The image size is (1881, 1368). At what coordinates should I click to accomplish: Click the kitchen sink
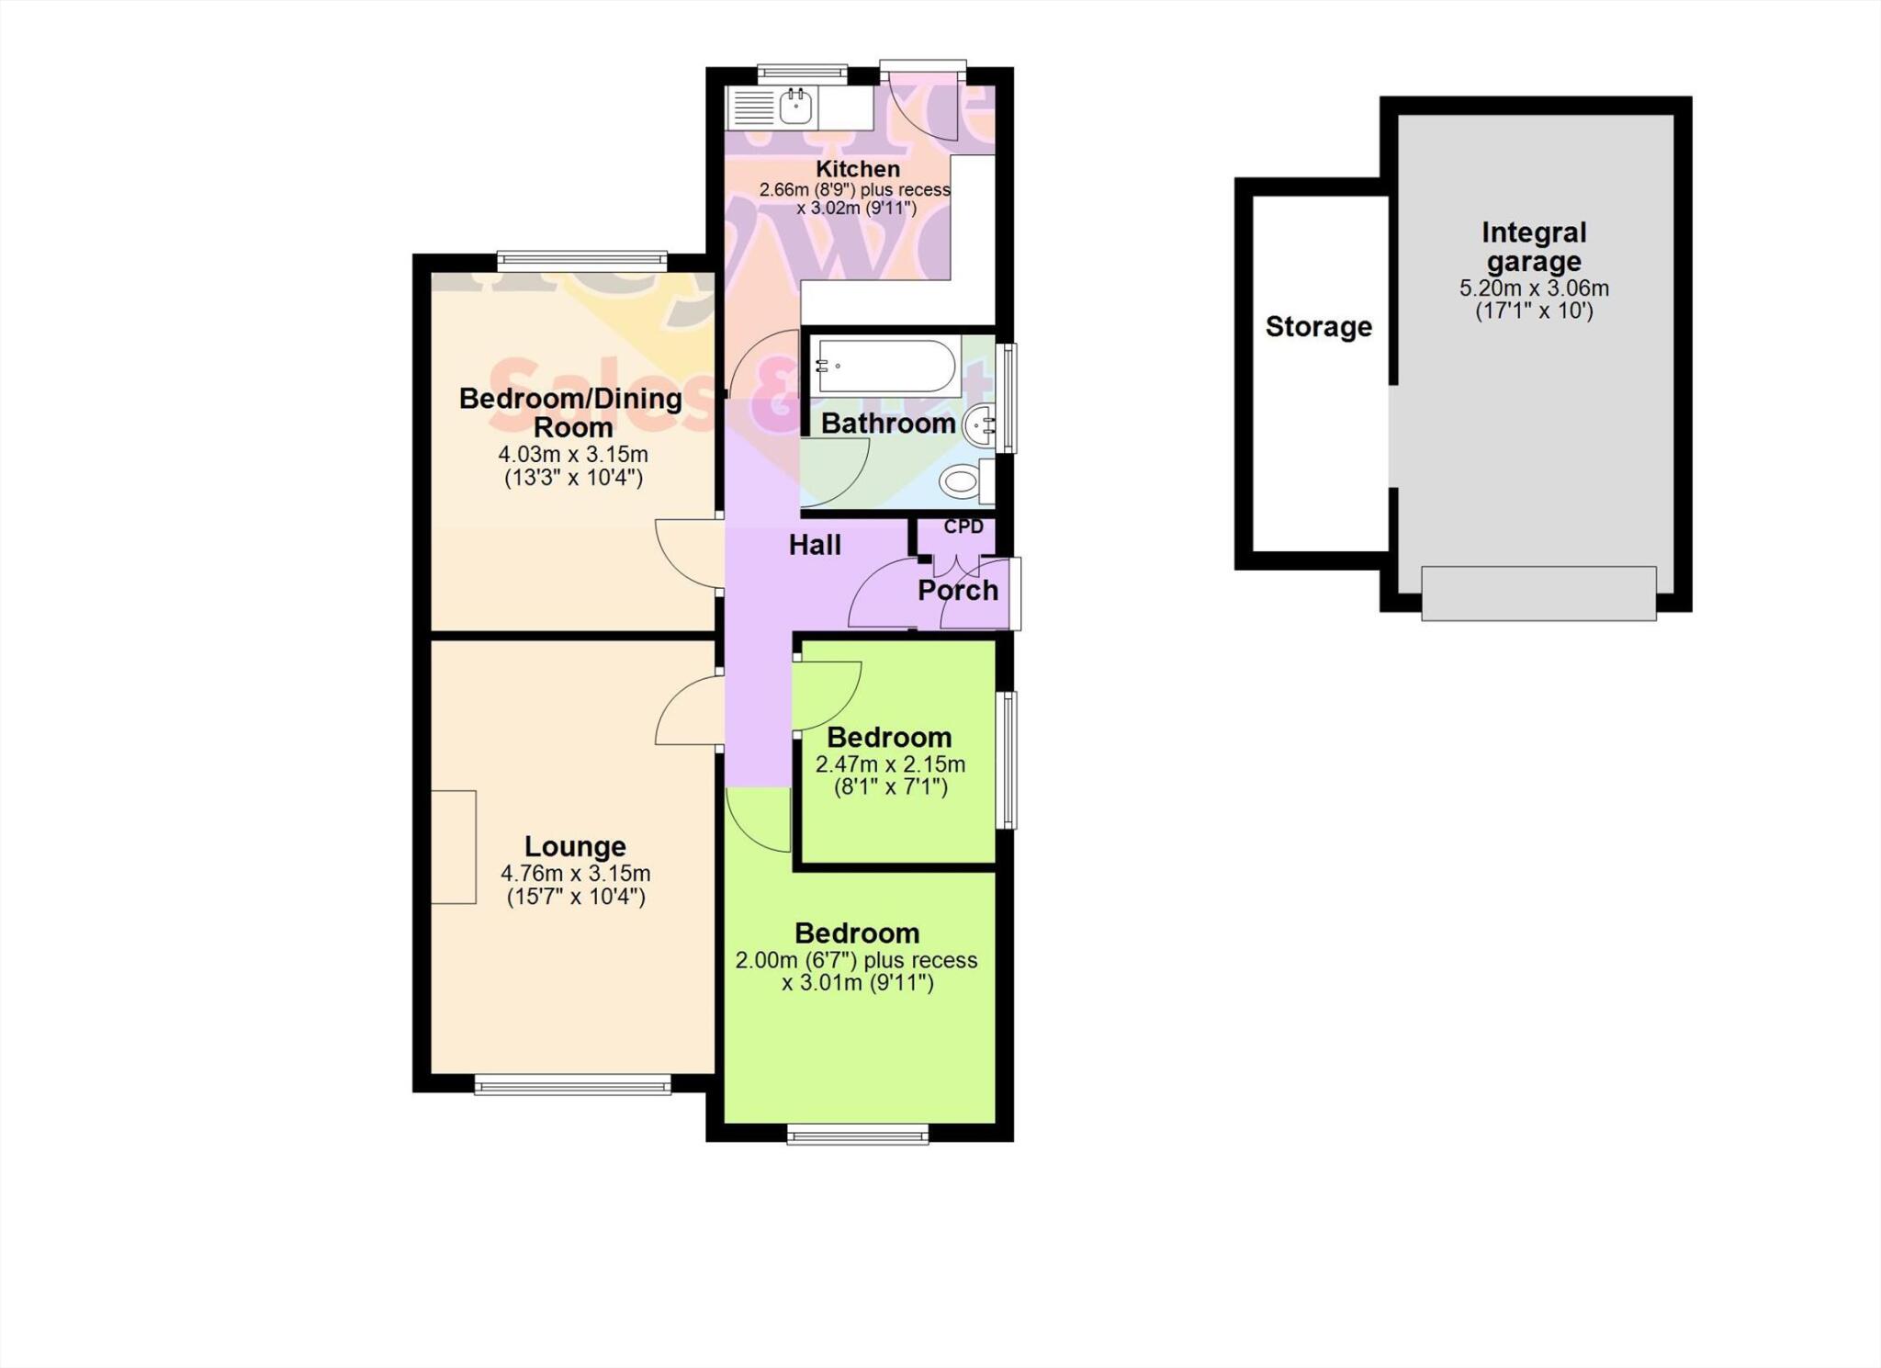click(795, 108)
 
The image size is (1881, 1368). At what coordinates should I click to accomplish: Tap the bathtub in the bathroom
click(885, 366)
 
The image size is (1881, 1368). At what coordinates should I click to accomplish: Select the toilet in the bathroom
click(961, 480)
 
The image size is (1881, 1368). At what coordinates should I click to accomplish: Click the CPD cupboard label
click(963, 527)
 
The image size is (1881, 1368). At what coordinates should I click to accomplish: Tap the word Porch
click(957, 591)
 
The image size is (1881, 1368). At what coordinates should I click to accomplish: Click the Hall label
click(815, 546)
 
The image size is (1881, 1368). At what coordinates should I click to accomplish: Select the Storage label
click(1318, 327)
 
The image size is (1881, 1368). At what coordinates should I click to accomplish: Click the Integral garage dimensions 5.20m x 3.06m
click(1534, 288)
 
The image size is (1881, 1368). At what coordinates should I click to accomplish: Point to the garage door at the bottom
click(1538, 594)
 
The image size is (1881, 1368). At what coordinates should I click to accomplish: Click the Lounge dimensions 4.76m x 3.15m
click(575, 874)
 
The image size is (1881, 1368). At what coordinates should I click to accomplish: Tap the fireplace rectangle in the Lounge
click(454, 847)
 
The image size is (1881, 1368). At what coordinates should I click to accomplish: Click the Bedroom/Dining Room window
click(582, 261)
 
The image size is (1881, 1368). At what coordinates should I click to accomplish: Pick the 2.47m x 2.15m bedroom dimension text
click(890, 764)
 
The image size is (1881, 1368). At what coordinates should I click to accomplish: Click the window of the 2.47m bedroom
click(1008, 761)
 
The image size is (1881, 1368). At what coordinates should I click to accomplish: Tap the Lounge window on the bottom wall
click(573, 1086)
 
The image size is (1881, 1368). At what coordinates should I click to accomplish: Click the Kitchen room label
click(858, 169)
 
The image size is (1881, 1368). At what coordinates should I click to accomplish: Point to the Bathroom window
click(1008, 398)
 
